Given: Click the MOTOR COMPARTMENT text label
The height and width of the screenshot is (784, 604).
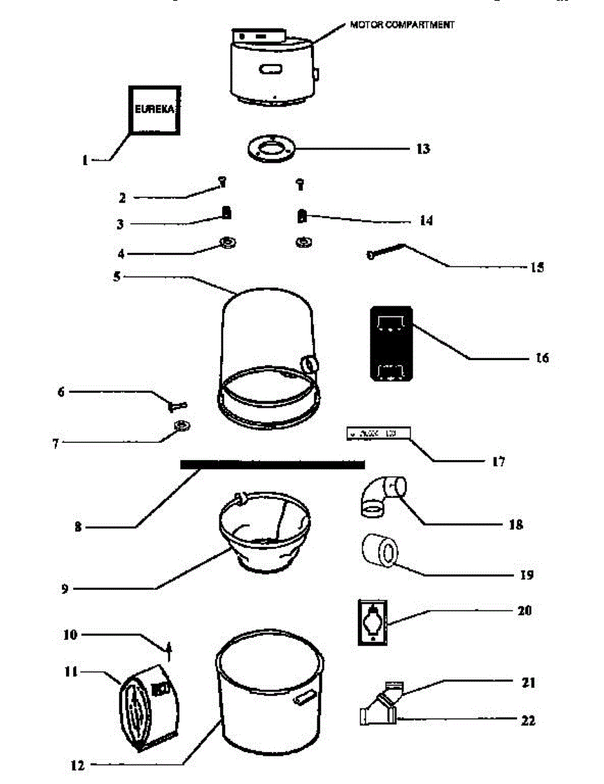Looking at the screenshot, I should click(402, 25).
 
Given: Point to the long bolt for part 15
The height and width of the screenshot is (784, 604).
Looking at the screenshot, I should click(387, 252).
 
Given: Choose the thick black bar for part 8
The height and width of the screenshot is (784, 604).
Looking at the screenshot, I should click(272, 464).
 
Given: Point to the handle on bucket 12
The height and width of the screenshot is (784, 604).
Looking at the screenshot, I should click(304, 700).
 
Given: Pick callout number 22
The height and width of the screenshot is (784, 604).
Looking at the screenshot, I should click(528, 721).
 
